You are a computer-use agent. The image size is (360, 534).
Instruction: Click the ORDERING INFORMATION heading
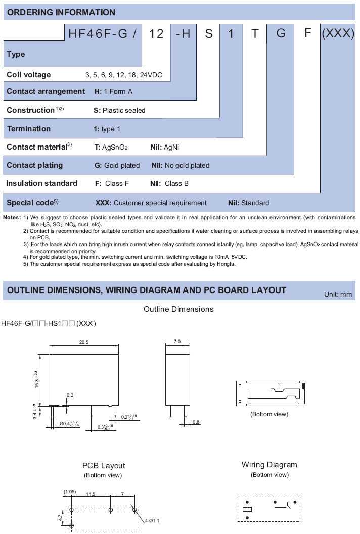coord(61,12)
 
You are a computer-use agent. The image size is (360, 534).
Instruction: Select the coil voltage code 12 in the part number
coord(157,33)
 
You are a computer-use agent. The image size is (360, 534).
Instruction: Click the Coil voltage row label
coord(29,75)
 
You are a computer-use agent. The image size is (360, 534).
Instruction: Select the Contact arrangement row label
coord(46,91)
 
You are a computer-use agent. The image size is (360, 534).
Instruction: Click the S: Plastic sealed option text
coord(119,110)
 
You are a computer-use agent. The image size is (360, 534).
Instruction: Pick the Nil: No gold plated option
coord(181,165)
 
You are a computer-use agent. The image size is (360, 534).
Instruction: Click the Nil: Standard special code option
coord(248,203)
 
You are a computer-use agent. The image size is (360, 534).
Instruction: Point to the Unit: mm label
coord(338,294)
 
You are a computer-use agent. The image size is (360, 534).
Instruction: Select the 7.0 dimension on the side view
coord(177,342)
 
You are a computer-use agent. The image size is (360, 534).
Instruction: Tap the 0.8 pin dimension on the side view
coord(196,421)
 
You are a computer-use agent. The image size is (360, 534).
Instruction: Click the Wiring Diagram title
coord(269,465)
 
